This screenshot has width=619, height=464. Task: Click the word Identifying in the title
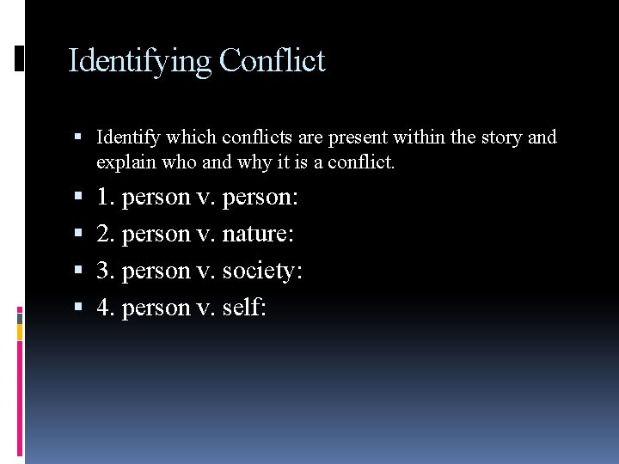[x=139, y=62]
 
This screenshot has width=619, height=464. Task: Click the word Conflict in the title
[x=272, y=61]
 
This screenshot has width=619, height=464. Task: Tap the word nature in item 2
[x=262, y=234]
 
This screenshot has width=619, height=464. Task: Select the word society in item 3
[x=261, y=271]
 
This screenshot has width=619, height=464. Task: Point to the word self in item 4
[x=243, y=307]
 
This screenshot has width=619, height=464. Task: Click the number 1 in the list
[x=104, y=198]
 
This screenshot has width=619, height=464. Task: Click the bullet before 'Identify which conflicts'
[x=79, y=137]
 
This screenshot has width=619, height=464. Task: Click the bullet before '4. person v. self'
[x=79, y=308]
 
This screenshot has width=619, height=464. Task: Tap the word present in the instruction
[x=355, y=137]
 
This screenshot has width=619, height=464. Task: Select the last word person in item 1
[x=260, y=198]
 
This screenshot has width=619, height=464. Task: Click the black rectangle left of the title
[x=20, y=59]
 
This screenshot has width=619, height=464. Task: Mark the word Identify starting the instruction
[x=129, y=137]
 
